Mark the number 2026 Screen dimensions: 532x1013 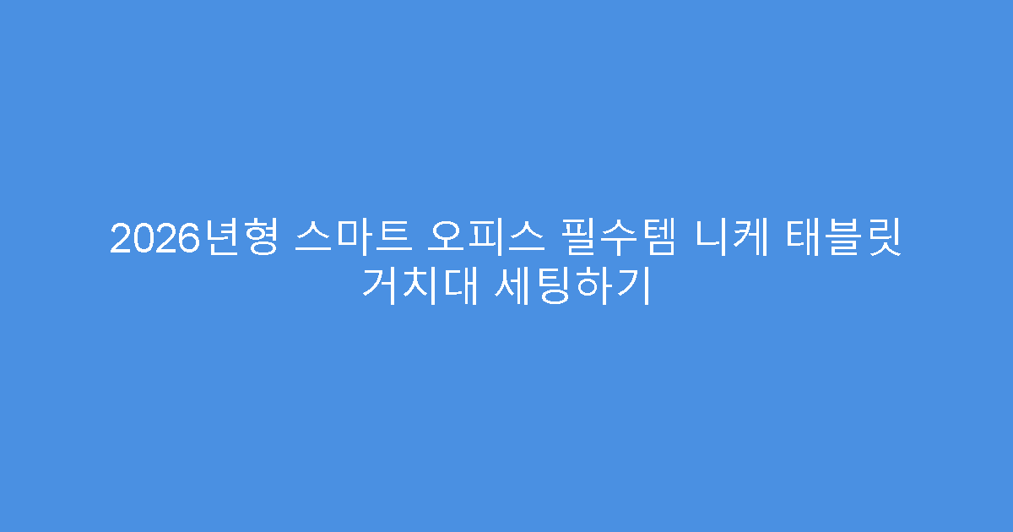(x=147, y=240)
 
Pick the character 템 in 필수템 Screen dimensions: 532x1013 (x=658, y=240)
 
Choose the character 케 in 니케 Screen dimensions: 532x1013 (x=748, y=240)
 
